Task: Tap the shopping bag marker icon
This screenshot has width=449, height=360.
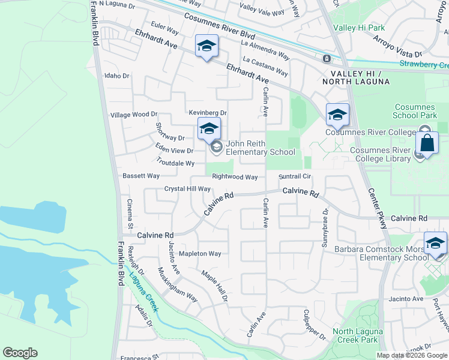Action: click(x=427, y=144)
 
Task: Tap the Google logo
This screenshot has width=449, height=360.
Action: click(x=20, y=353)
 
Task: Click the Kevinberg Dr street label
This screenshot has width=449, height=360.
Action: click(x=208, y=112)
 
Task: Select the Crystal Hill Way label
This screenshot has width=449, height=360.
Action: click(x=187, y=188)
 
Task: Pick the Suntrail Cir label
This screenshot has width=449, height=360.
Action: click(x=295, y=176)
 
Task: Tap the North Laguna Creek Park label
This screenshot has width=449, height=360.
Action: click(x=355, y=335)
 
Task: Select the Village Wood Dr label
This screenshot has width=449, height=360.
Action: click(x=134, y=114)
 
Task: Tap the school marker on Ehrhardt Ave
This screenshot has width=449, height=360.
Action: click(x=206, y=46)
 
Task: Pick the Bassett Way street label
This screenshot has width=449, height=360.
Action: click(x=141, y=176)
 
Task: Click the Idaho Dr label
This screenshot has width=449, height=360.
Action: click(x=117, y=76)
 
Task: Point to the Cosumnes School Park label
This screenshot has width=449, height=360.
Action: click(x=415, y=110)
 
